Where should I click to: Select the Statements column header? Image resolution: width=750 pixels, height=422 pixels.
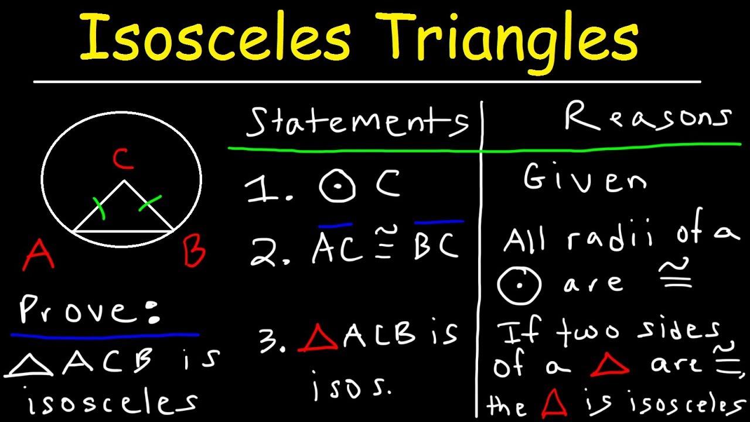click(x=357, y=121)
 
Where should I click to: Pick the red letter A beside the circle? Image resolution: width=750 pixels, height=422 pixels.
click(x=38, y=256)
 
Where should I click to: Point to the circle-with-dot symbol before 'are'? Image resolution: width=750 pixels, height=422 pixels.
click(x=519, y=284)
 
